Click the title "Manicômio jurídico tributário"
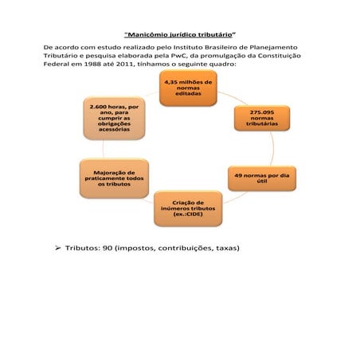[x=181, y=36]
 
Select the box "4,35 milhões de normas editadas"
[x=187, y=88]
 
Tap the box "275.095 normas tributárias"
[x=256, y=118]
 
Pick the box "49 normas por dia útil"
[x=255, y=177]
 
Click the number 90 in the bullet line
[x=106, y=248]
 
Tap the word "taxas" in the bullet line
[x=223, y=248]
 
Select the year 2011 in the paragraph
[x=131, y=65]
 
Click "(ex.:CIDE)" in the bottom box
[x=187, y=216]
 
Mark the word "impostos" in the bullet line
[x=130, y=248]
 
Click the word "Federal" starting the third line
[x=56, y=65]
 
